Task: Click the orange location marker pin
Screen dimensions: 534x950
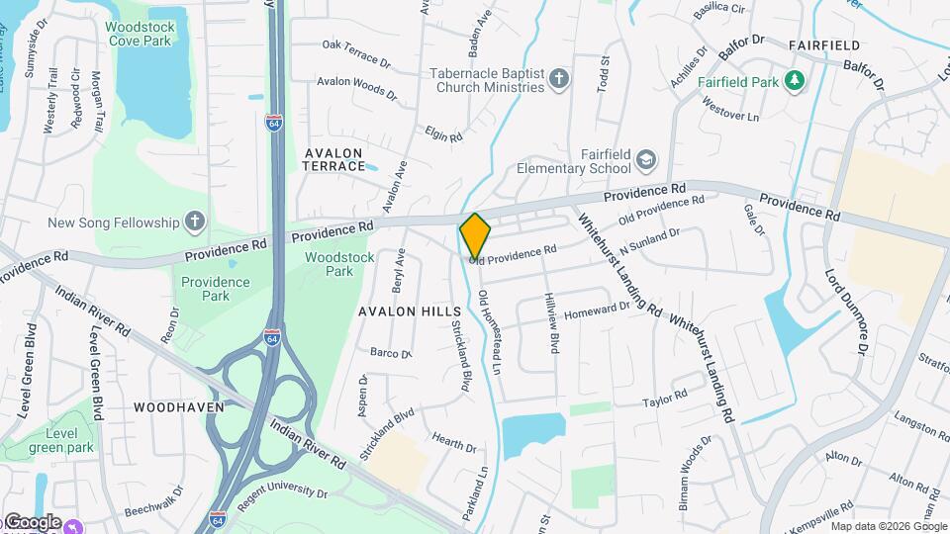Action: [x=475, y=235]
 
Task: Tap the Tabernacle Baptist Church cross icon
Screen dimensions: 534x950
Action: [x=559, y=79]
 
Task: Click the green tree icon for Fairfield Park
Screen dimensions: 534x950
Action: [x=794, y=80]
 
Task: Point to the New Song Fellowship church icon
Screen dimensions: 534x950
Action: [x=195, y=222]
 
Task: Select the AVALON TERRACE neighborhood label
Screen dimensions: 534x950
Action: [x=334, y=159]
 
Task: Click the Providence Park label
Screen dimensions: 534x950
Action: [x=216, y=288]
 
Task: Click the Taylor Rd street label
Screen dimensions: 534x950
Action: [x=664, y=399]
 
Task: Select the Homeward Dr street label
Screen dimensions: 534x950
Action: [x=596, y=312]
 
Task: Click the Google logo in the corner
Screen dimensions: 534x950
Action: [x=32, y=521]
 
